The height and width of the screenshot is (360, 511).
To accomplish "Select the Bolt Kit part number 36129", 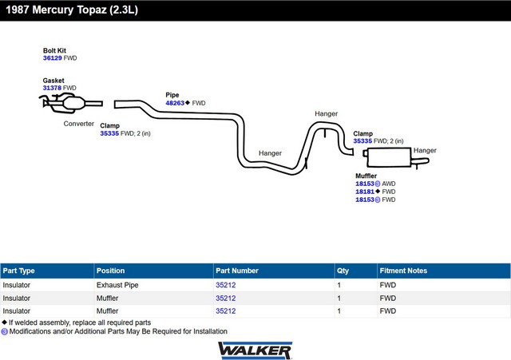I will click(53, 58).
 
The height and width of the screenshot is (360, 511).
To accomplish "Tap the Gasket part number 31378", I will click(53, 88).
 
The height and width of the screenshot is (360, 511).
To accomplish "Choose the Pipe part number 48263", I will click(175, 103).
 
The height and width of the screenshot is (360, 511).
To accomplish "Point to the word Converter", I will click(80, 124).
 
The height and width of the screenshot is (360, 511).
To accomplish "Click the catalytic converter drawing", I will click(72, 103).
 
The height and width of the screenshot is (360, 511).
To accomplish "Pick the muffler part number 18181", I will click(365, 192).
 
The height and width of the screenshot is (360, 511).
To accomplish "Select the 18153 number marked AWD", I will click(365, 184).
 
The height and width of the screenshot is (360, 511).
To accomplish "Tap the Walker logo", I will click(255, 350).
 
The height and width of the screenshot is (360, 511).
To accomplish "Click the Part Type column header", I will click(19, 271).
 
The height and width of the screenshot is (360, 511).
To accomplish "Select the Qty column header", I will click(343, 271).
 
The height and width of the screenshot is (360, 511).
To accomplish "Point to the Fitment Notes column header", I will click(404, 271).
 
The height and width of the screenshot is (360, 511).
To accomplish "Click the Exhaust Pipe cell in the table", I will click(117, 284).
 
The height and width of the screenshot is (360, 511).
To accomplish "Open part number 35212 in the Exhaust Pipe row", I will click(226, 284).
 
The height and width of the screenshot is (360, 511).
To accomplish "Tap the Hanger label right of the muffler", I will click(425, 150).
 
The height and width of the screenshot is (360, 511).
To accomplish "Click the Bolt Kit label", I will click(55, 50).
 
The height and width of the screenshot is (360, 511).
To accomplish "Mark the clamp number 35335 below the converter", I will click(109, 133).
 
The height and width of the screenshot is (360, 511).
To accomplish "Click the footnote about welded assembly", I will click(77, 322).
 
